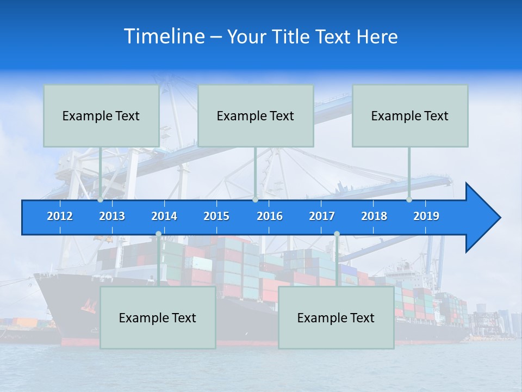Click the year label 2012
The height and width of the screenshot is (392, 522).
coord(60,216)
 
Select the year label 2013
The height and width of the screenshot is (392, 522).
coord(112,216)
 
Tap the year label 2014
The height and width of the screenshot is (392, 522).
coord(164,216)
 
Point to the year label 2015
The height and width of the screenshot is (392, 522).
coord(216,216)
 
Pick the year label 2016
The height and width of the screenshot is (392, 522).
coord(270,216)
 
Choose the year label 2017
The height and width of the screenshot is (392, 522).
coord(322,216)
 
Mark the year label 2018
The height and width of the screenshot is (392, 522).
coord(374,216)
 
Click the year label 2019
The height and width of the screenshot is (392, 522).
coord(426,216)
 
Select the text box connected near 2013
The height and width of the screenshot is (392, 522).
coord(101,115)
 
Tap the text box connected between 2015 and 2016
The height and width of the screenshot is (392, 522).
coord(256,115)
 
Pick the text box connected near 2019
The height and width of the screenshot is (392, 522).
coord(410,115)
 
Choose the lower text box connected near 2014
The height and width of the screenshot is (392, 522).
coord(158,317)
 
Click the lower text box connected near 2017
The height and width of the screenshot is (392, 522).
coord(336,317)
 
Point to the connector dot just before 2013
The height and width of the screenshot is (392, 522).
coord(101,200)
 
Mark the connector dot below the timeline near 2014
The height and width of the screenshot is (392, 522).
coord(158,234)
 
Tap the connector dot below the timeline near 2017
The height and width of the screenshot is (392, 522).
coord(337,234)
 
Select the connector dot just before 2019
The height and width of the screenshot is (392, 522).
coord(409,200)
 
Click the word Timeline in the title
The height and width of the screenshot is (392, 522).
coord(164,36)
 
